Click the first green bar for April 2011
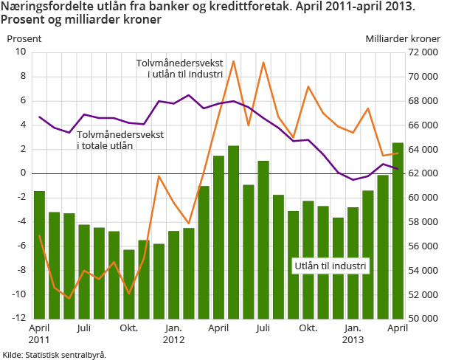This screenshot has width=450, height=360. pos(39,255)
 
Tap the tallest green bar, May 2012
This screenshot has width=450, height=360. pos(233,232)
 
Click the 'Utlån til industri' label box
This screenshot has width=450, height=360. pos(330,266)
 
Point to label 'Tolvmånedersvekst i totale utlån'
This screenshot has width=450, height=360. pos(120,140)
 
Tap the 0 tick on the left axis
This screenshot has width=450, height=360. pos(23,173)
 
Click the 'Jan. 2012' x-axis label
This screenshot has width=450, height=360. pos(173,333)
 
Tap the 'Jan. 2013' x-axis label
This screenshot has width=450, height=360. pos(353,333)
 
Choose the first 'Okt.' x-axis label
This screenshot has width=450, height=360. pos(129,328)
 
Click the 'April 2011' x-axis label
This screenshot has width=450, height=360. pos(39,333)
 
